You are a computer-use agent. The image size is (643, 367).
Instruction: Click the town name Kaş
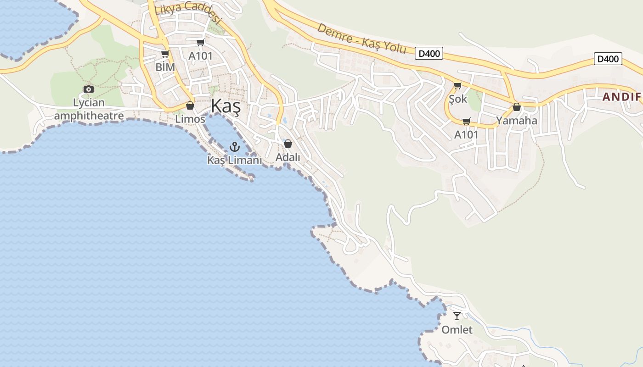pyautogui.click(x=226, y=107)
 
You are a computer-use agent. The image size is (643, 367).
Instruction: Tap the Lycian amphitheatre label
pyautogui.click(x=89, y=109)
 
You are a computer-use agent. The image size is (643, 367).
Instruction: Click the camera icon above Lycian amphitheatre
pyautogui.click(x=89, y=89)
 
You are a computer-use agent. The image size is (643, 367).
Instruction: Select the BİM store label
pyautogui.click(x=165, y=67)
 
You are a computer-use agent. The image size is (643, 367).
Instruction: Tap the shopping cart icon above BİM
pyautogui.click(x=165, y=54)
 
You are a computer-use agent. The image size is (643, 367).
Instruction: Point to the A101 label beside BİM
pyautogui.click(x=201, y=56)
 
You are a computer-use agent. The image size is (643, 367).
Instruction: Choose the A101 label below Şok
pyautogui.click(x=466, y=135)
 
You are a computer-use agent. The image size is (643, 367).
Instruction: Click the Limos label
pyautogui.click(x=190, y=119)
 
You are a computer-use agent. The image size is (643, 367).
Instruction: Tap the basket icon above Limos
pyautogui.click(x=190, y=106)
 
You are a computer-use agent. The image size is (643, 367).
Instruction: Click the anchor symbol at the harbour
pyautogui.click(x=235, y=147)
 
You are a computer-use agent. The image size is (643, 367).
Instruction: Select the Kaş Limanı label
pyautogui.click(x=235, y=160)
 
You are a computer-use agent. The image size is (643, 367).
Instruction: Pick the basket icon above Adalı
pyautogui.click(x=288, y=144)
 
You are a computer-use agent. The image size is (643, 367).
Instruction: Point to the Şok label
pyautogui.click(x=458, y=99)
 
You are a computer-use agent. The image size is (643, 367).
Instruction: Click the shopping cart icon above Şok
pyautogui.click(x=457, y=85)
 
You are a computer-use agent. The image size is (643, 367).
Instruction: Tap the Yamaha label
pyautogui.click(x=517, y=121)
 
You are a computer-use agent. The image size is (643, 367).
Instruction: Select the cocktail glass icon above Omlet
pyautogui.click(x=457, y=316)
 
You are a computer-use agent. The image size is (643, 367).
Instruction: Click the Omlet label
pyautogui.click(x=457, y=330)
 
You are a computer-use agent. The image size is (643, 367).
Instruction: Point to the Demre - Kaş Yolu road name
pyautogui.click(x=362, y=38)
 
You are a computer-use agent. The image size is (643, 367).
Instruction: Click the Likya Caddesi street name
pyautogui.click(x=188, y=12)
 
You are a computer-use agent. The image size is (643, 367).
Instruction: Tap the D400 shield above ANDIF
pyautogui.click(x=608, y=59)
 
